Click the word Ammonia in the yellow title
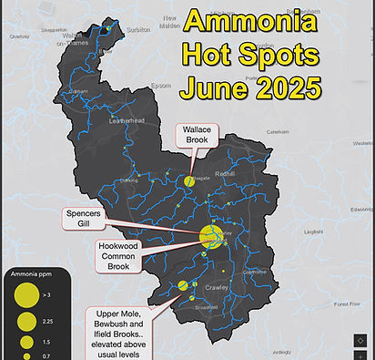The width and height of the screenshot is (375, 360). click(x=252, y=21)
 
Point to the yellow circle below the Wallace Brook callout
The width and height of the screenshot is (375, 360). click(x=189, y=180)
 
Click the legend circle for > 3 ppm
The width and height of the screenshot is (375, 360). click(x=25, y=295)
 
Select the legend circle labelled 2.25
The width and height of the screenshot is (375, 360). click(x=25, y=321)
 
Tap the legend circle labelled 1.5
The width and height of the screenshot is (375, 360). click(x=25, y=341)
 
